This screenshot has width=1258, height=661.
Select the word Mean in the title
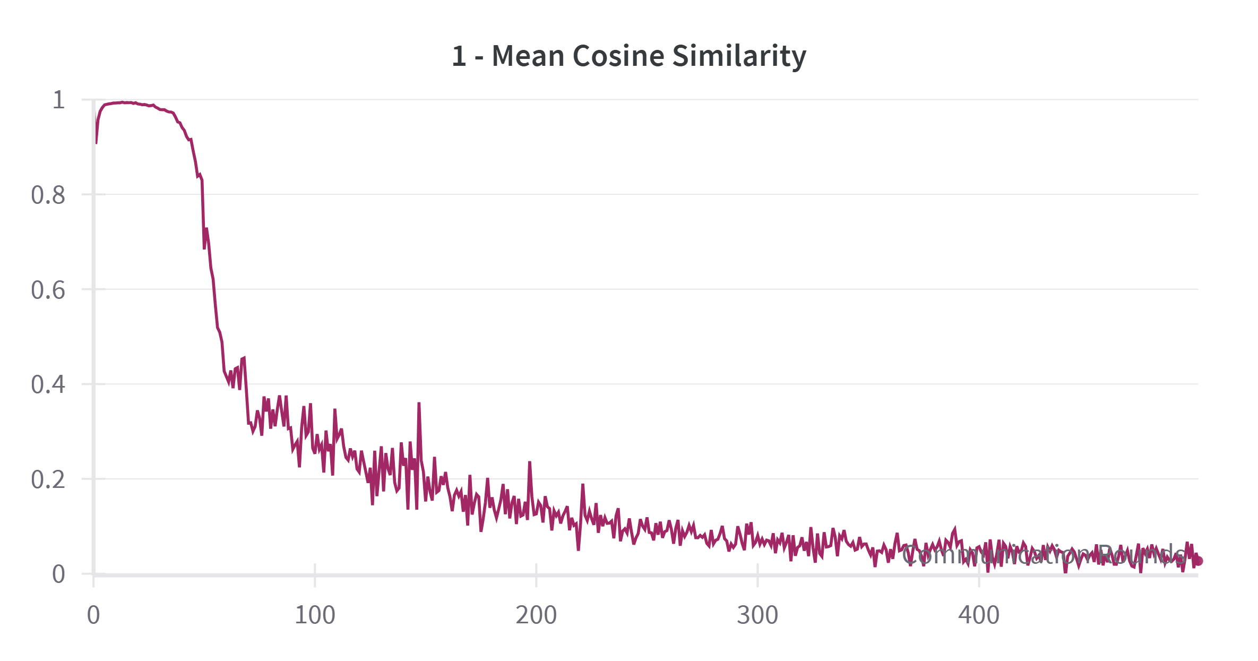528,56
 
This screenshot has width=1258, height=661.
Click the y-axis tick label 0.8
48,195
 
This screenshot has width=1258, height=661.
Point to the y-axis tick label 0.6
48,290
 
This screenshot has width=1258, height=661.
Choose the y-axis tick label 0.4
48,384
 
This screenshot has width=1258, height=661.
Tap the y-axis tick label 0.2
48,479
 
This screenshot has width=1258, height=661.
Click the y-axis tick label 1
58,100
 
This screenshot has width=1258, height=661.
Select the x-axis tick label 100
315,615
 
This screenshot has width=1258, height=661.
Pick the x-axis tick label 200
536,615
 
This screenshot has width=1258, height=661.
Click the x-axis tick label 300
757,615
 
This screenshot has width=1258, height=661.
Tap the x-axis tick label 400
979,615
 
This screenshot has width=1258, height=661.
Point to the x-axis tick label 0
93,615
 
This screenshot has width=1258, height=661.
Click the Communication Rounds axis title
1044,555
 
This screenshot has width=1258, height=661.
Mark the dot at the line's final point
1198,561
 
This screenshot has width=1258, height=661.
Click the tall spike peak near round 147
419,404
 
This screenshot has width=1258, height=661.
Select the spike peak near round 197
530,462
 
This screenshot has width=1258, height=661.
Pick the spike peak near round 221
583,485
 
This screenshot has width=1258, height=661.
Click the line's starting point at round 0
96,142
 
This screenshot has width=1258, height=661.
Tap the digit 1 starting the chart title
459,56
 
